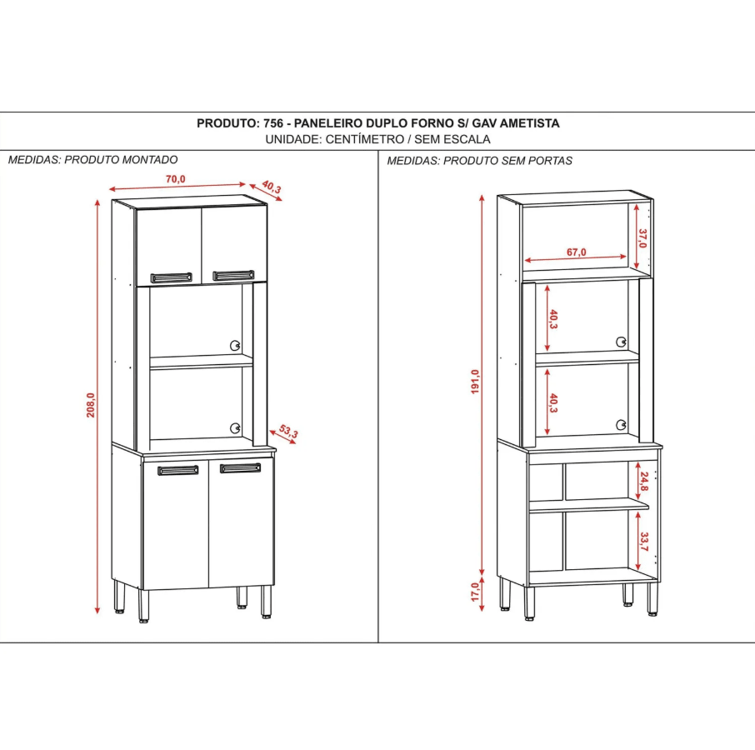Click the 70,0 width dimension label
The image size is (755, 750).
175,179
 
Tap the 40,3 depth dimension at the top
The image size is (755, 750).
272,187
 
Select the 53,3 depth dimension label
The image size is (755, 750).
288,432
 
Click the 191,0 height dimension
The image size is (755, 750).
475,382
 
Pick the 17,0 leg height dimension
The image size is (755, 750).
475,596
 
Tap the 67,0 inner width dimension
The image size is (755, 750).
577,252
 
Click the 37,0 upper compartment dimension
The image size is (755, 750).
642,238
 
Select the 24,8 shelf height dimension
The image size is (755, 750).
643,482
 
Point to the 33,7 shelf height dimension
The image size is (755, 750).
643,542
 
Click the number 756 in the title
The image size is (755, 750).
273,123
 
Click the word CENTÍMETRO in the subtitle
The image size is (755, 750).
363,139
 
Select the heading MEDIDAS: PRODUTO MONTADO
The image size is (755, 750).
92,159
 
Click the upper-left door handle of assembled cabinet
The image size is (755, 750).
171,277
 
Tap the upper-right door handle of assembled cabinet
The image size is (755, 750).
233,275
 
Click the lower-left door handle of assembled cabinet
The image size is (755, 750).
177,471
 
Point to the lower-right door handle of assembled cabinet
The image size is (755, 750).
240,468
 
